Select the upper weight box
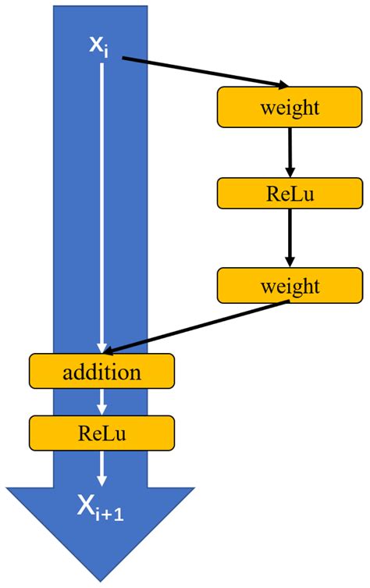290,107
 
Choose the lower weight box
290,285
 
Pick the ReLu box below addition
101,433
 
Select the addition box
101,371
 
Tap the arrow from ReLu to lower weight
290,237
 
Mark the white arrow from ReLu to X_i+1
101,468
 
